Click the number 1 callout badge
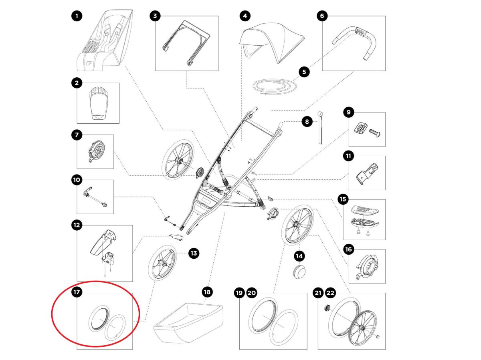coord(77,16)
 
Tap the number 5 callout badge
coord(304,72)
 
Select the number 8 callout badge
coord(307,121)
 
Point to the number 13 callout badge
coord(194,253)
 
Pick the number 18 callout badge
coord(207,292)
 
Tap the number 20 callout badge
coord(251,293)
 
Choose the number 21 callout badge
coord(318,293)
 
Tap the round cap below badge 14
coord(299,271)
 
